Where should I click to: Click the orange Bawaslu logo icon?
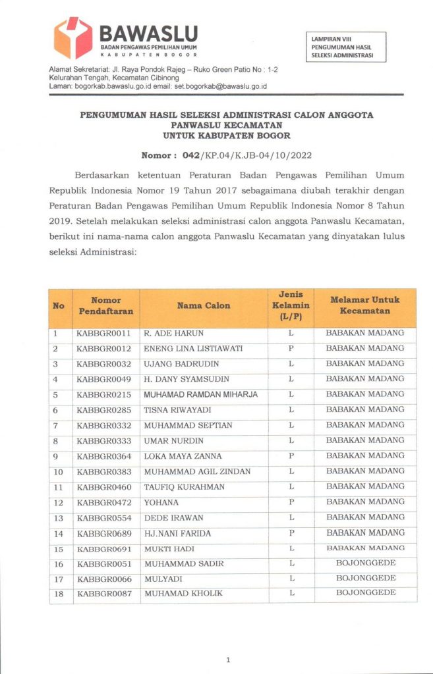72,38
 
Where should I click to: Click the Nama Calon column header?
204,305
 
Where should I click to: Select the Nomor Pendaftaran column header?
106,305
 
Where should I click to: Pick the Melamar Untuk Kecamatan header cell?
364,305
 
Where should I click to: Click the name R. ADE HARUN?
171,333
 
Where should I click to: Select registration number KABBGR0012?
104,348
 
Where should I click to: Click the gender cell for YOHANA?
291,502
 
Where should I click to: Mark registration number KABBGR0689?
104,533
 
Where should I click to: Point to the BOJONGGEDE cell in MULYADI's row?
365,579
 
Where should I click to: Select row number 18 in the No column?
59,594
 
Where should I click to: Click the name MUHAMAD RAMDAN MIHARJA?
200,395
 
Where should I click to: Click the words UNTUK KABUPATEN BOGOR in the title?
226,135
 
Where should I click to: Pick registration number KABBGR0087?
104,594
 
